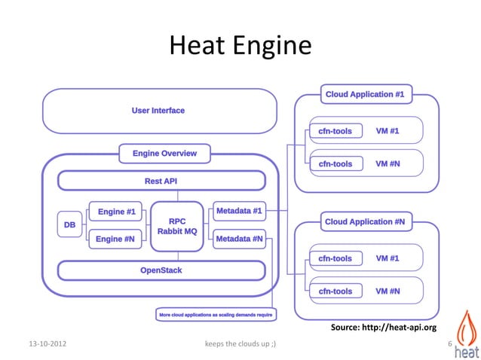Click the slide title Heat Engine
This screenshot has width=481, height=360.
[240, 46]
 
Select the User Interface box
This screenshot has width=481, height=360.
[158, 111]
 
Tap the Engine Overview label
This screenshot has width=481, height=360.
[164, 154]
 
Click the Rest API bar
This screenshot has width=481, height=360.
[161, 181]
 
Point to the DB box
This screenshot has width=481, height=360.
[69, 224]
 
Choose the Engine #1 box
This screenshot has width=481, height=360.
[115, 212]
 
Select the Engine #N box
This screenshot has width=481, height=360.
[115, 239]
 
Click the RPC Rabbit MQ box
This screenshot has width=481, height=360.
[177, 225]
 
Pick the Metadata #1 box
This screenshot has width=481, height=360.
[239, 211]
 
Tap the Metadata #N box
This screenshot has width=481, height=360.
[239, 239]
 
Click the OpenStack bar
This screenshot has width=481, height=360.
[161, 270]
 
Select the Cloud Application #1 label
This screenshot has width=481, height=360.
[365, 95]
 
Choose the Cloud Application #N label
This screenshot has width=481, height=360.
[365, 222]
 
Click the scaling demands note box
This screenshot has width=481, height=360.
[215, 314]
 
